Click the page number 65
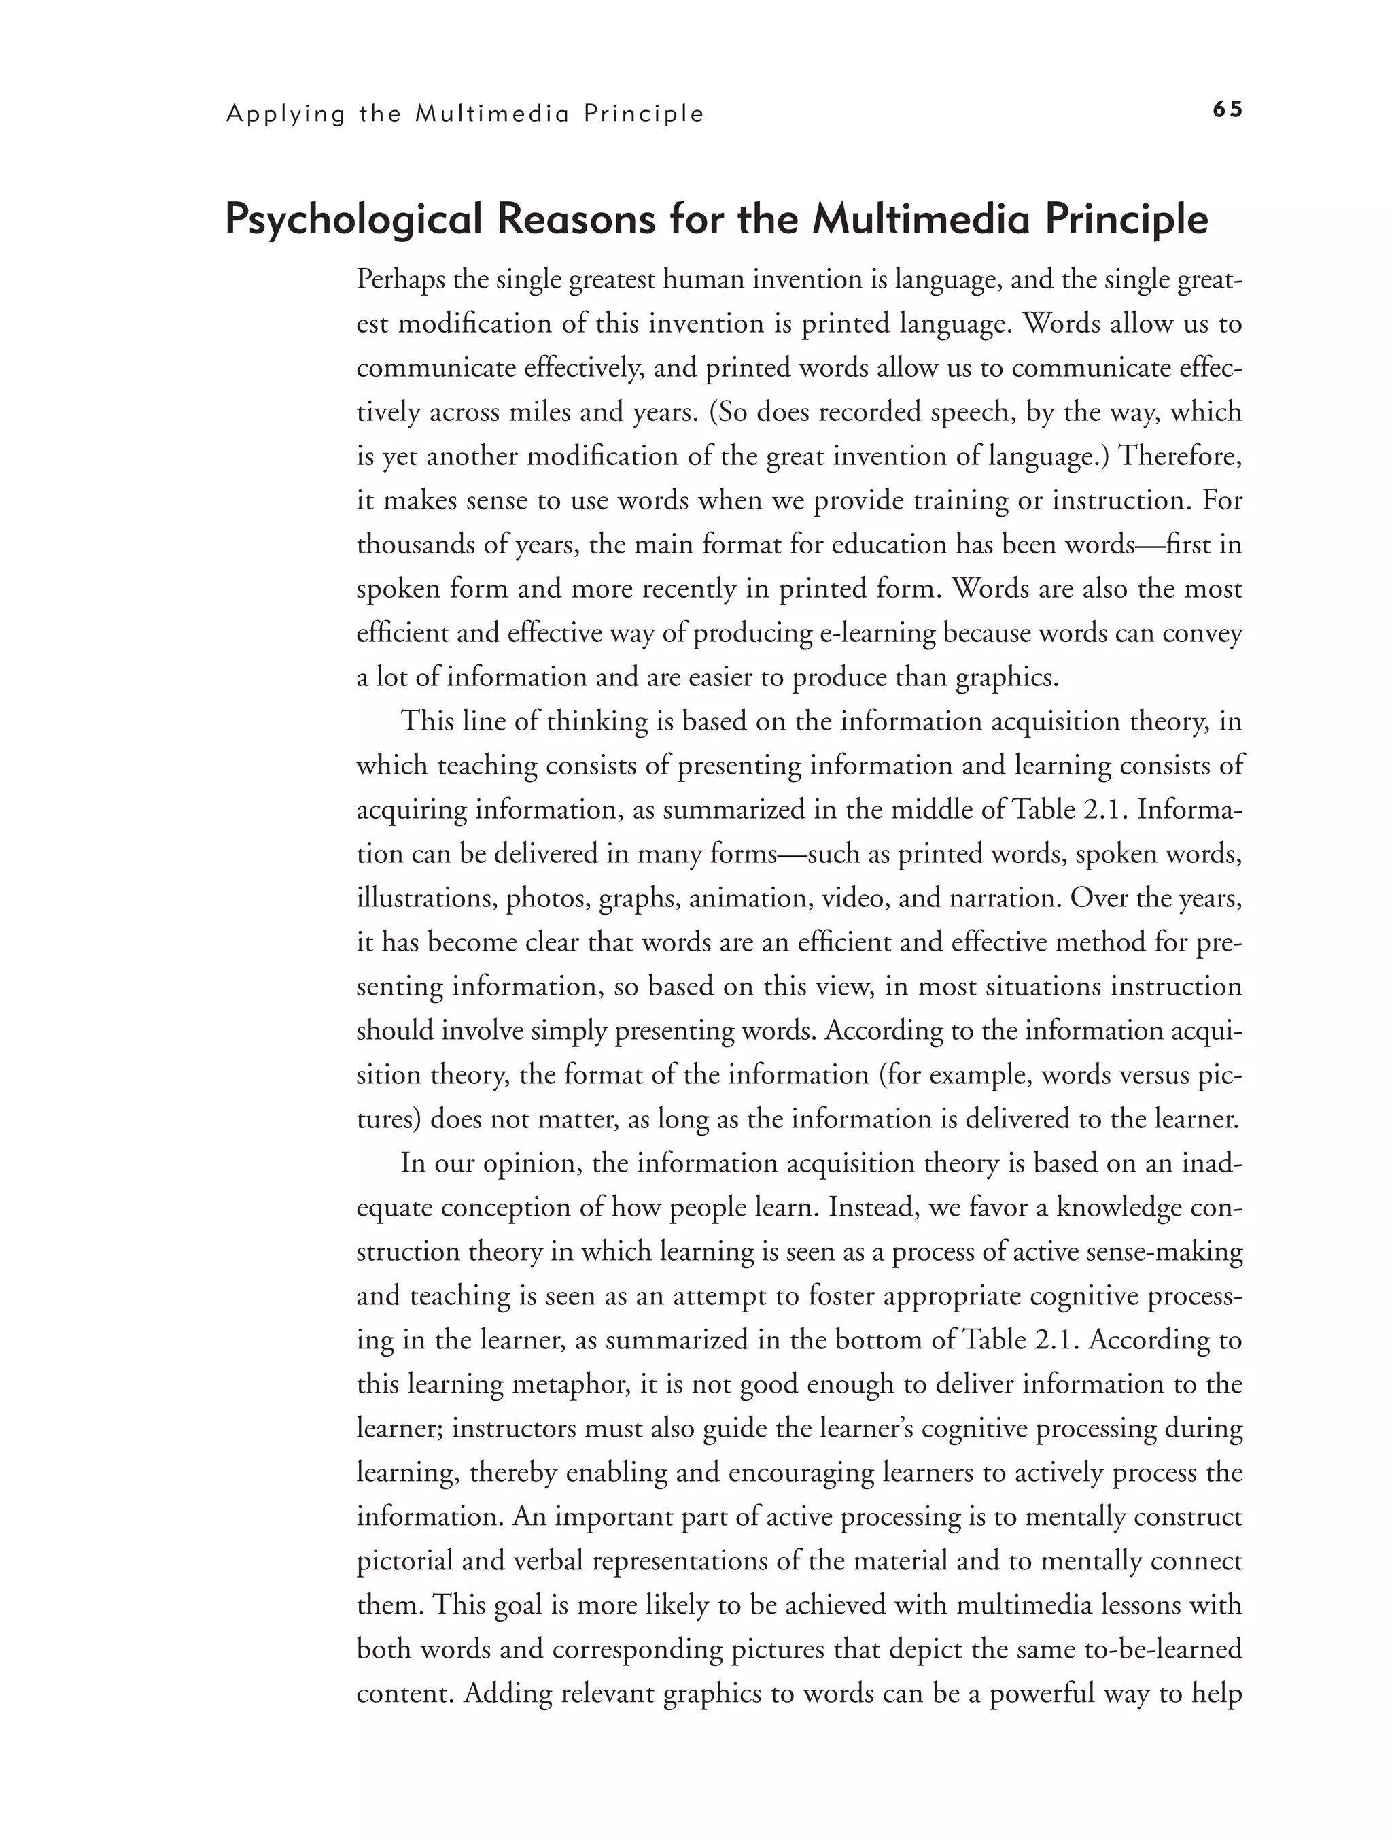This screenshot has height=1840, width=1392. (1227, 109)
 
